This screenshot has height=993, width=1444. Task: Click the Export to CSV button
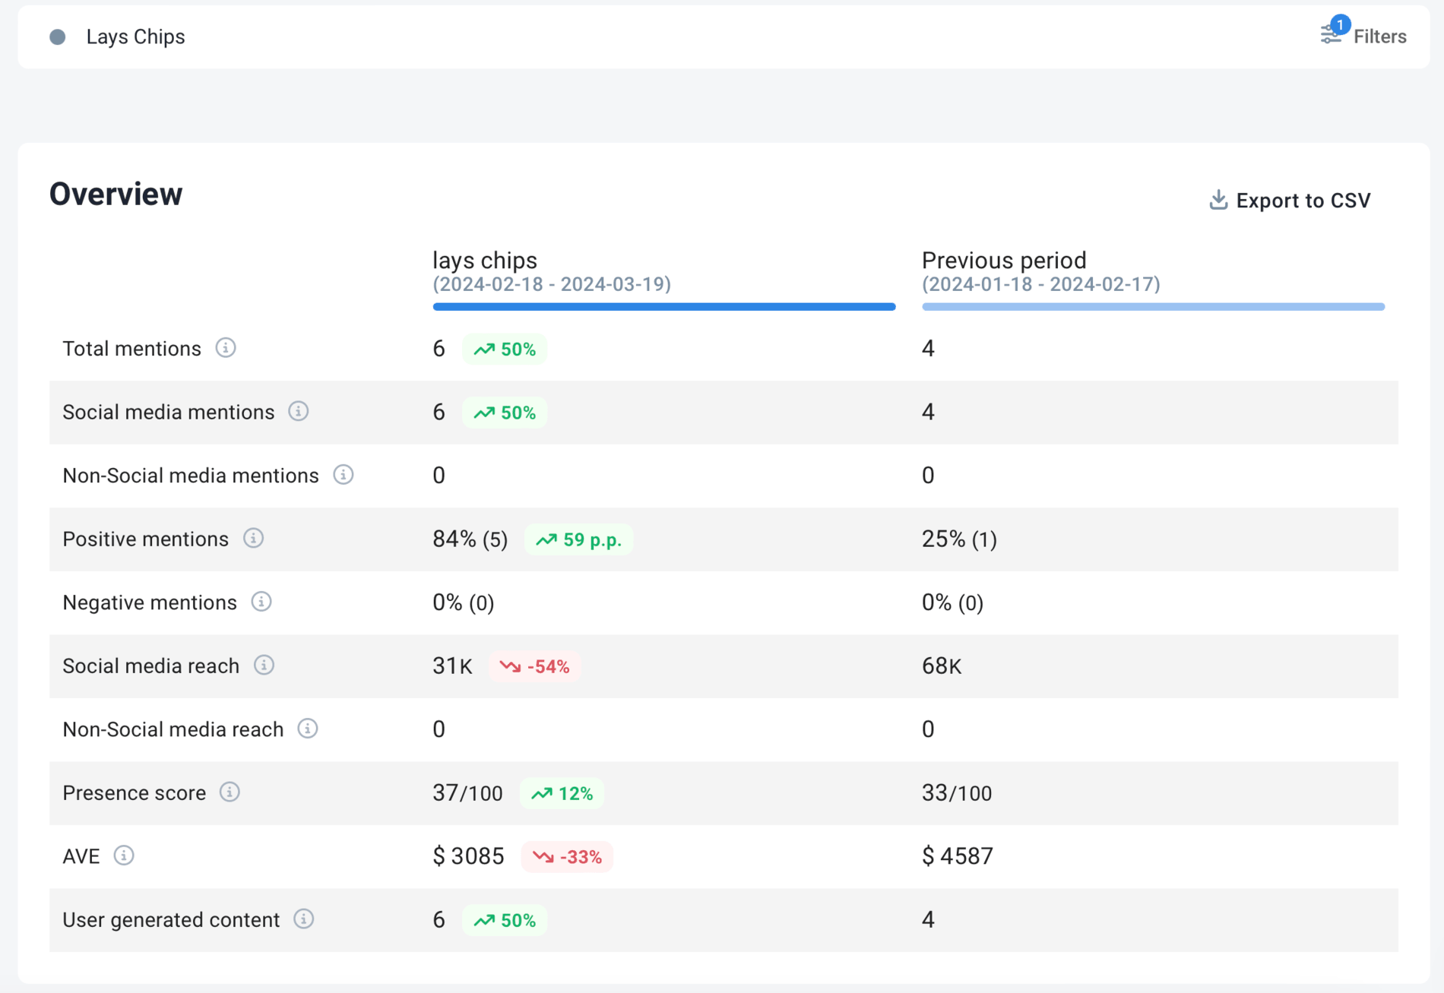point(1290,201)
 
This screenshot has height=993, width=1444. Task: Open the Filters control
point(1364,36)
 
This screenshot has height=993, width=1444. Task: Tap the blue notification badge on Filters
point(1340,24)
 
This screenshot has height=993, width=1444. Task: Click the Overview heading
point(116,194)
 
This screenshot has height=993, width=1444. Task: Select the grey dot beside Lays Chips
point(58,37)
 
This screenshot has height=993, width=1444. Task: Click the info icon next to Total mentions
point(226,348)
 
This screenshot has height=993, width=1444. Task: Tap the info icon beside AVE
point(124,855)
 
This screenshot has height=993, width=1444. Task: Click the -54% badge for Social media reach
point(534,666)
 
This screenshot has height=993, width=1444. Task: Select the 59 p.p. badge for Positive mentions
point(578,540)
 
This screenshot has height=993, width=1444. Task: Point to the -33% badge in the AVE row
point(567,857)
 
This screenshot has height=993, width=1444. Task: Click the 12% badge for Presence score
point(562,794)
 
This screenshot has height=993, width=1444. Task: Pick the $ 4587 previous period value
point(957,856)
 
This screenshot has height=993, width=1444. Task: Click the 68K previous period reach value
point(941,666)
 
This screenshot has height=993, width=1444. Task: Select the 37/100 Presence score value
point(467,793)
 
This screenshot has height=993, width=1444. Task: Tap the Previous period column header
point(1003,261)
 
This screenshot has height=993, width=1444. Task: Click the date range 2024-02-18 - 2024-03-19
point(552,284)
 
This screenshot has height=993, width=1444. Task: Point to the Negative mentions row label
point(150,602)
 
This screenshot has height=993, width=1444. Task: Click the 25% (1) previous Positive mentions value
point(959,539)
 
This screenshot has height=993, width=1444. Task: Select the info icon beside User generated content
point(304,919)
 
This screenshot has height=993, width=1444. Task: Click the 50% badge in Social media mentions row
point(505,413)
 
